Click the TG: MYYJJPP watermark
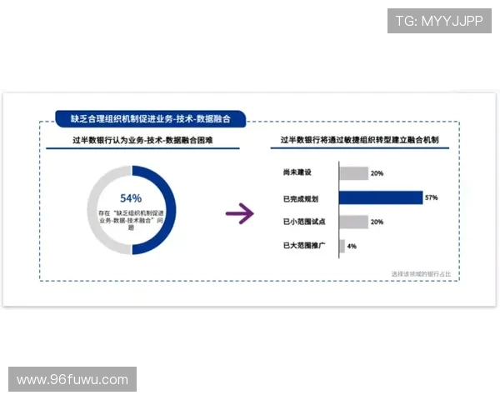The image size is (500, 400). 439,21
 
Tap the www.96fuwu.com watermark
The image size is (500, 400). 72,380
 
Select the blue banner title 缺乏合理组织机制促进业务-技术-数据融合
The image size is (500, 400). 150,120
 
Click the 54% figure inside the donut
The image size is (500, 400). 131,198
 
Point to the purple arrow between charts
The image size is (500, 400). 239,214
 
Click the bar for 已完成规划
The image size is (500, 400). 381,197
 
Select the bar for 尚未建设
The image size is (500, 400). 353,173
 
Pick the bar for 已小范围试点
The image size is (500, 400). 353,222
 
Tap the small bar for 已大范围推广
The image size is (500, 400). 342,246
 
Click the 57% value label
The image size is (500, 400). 432,197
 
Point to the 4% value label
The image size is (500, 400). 352,247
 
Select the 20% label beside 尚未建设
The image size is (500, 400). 377,173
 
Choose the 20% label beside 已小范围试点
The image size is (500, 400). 377,222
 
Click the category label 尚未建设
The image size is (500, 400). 297,172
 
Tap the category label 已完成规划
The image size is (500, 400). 301,197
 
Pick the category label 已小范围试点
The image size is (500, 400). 303,222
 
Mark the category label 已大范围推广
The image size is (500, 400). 303,246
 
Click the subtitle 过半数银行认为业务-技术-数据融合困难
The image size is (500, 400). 142,141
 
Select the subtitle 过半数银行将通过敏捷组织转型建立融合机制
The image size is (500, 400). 358,141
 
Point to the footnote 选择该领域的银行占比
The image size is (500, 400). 426,273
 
